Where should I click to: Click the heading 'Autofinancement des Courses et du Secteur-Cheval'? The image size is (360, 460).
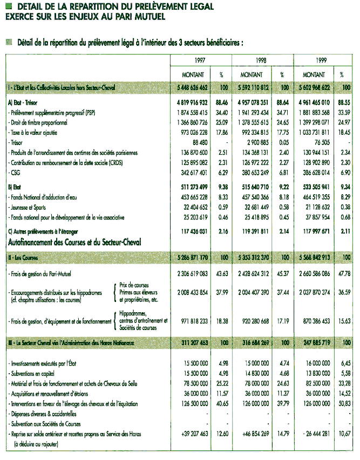[74, 243]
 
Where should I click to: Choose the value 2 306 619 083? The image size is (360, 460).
[188, 274]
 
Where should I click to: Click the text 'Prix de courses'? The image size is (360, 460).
[134, 284]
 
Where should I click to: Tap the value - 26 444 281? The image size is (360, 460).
[314, 434]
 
